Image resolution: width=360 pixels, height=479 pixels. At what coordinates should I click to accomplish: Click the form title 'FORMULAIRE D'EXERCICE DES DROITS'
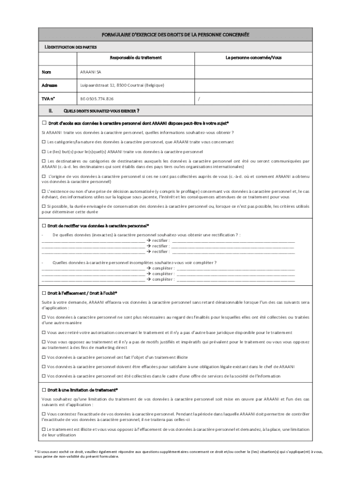[x=176, y=35]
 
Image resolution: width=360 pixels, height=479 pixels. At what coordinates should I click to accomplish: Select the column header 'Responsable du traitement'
[x=136, y=58]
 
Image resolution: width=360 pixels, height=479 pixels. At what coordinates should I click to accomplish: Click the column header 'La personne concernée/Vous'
[x=253, y=58]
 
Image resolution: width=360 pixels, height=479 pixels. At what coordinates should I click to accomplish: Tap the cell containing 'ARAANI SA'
[x=90, y=73]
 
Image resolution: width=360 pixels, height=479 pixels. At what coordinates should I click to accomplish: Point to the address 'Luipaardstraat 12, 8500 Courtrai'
[x=122, y=86]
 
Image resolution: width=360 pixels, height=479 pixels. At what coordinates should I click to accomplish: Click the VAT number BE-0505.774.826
[x=97, y=99]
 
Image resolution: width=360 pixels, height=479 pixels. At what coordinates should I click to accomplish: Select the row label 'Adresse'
[x=50, y=86]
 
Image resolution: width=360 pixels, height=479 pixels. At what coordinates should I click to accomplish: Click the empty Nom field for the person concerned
[x=253, y=73]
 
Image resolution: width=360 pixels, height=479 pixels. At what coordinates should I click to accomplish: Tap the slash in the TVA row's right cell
[x=199, y=99]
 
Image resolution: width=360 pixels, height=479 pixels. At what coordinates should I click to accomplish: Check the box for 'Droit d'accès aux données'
[x=44, y=123]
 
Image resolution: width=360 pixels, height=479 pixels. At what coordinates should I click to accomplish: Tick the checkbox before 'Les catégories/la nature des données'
[x=43, y=142]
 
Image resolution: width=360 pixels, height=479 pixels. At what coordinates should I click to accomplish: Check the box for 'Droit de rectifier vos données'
[x=44, y=225]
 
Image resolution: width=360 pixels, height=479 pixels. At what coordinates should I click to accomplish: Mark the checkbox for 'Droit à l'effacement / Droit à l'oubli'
[x=44, y=293]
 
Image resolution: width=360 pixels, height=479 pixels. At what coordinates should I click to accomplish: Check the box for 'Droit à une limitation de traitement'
[x=44, y=389]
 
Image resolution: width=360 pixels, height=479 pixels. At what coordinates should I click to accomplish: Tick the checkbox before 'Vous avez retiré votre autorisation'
[x=43, y=333]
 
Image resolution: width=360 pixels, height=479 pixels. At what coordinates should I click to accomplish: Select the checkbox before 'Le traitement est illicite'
[x=43, y=429]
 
